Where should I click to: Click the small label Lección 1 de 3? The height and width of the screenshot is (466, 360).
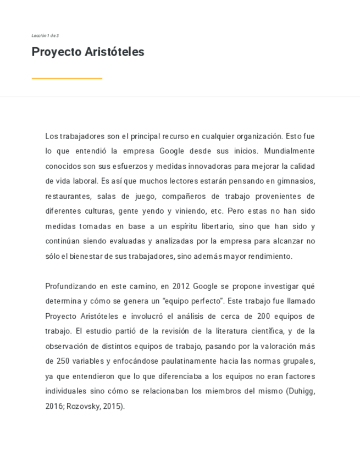pos(45,36)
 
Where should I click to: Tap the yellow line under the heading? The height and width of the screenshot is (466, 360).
pos(67,79)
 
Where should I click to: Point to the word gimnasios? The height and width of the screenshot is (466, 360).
pos(297,181)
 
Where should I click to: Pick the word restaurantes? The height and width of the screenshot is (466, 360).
pos(68,196)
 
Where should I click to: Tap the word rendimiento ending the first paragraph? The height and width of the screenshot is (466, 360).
pos(272,256)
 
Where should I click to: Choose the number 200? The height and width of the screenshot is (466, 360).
pos(264,316)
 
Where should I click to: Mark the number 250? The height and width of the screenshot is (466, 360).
pos(63,361)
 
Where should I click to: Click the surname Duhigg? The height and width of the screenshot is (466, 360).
pos(300,391)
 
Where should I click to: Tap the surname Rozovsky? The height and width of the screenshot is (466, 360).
pos(82,407)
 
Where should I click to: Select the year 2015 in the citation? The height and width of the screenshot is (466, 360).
pos(112,407)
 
